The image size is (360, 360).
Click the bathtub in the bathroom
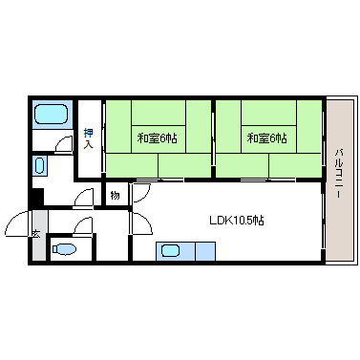pyautogui.click(x=50, y=116)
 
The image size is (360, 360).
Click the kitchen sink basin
pyautogui.click(x=170, y=252)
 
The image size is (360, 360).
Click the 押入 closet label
pyautogui.click(x=88, y=138)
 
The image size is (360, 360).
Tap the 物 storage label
pyautogui.click(x=114, y=195)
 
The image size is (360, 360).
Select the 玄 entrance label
pyautogui.click(x=35, y=233)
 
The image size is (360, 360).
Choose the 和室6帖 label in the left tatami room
pyautogui.click(x=157, y=138)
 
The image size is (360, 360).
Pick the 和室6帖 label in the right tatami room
pyautogui.click(x=266, y=138)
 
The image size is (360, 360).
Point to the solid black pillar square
pyautogui.click(x=36, y=199)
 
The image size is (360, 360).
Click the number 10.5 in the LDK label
pyautogui.click(x=244, y=220)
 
